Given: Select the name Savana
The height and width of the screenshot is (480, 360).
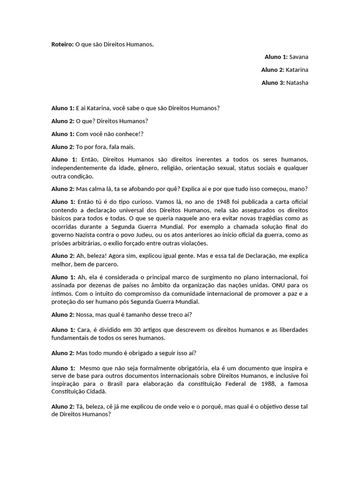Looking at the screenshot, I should point(299,57).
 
